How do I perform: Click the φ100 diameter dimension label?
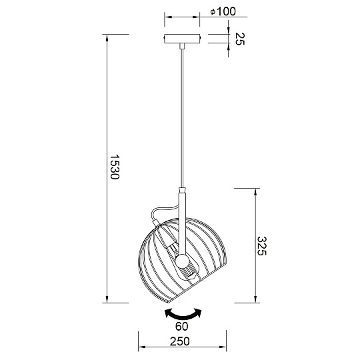click(x=218, y=12)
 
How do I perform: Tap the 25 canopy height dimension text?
click(x=237, y=38)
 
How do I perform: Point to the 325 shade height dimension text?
click(x=262, y=245)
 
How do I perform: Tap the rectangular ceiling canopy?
click(x=183, y=38)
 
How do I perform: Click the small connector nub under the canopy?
click(x=183, y=45)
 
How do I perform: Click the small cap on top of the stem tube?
click(x=182, y=191)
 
